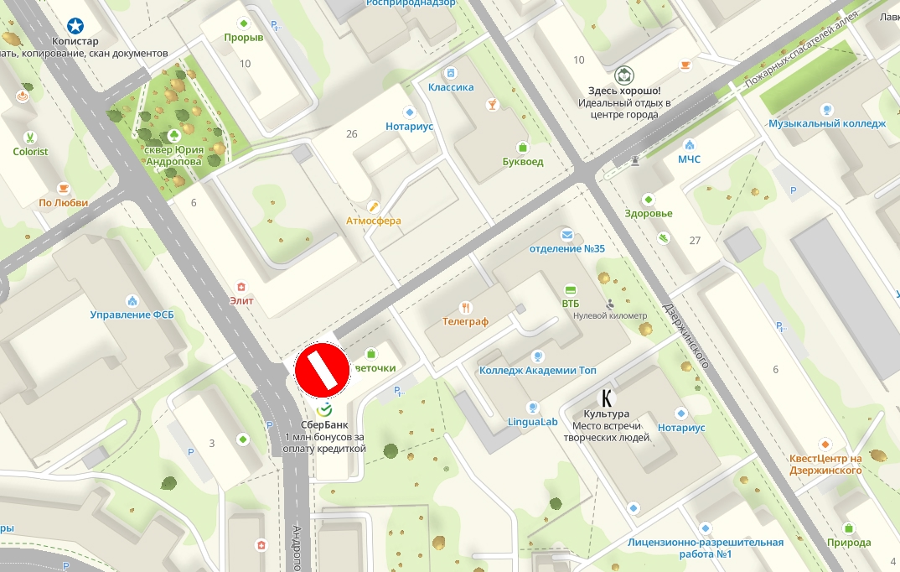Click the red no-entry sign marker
322,369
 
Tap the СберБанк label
324,424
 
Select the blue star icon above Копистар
75,26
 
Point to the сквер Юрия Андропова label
173,155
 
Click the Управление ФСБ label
132,315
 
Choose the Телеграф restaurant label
465,320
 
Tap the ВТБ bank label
571,303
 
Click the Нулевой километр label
610,315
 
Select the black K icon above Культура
607,398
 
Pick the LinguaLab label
532,422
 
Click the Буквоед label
523,161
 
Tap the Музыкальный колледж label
827,123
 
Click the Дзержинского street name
685,335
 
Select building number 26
351,133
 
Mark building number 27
695,241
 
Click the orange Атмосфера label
374,221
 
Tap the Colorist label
31,152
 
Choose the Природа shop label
849,543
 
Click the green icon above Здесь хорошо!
623,75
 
